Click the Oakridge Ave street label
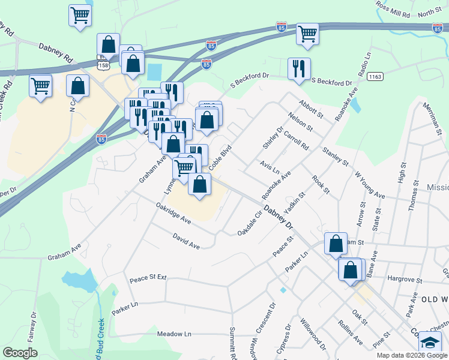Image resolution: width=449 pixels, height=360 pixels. click(x=173, y=214)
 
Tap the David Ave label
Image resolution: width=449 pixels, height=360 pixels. click(x=186, y=242)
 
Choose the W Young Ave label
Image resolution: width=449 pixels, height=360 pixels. click(x=370, y=185)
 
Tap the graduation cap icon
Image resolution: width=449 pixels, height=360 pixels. click(x=430, y=342)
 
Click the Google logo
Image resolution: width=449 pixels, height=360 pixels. click(x=20, y=353)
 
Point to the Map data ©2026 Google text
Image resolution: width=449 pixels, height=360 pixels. click(x=411, y=355)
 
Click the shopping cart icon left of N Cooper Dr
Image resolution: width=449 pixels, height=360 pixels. click(x=41, y=85)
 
